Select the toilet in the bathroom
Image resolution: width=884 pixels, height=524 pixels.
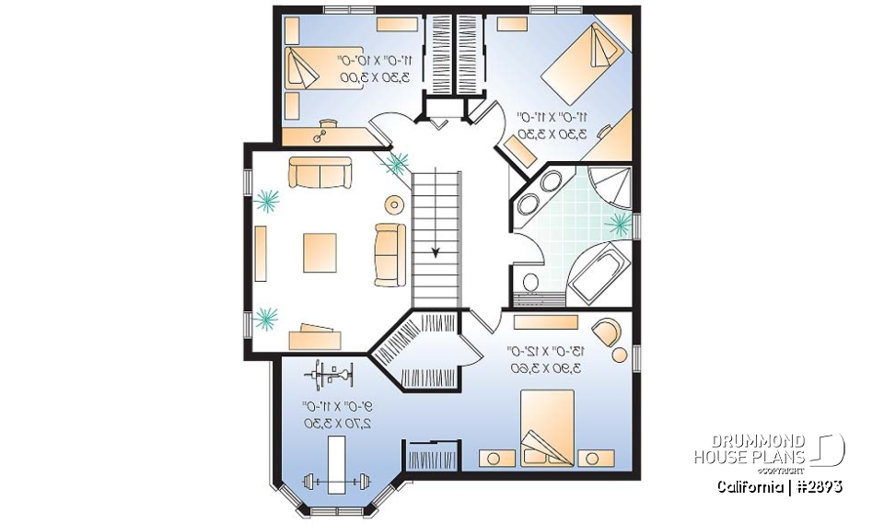pyautogui.click(x=530, y=281)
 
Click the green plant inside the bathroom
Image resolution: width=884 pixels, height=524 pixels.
pyautogui.click(x=620, y=222)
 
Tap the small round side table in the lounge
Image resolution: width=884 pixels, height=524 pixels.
pyautogui.click(x=394, y=204)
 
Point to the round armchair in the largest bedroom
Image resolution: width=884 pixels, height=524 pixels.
pyautogui.click(x=607, y=330)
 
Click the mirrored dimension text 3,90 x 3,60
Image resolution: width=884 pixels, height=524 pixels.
pyautogui.click(x=550, y=367)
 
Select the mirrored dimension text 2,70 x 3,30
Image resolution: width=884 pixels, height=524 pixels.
pyautogui.click(x=337, y=423)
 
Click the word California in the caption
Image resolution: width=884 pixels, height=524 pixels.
pyautogui.click(x=750, y=486)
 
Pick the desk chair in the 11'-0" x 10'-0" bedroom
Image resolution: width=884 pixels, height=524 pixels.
pyautogui.click(x=322, y=135)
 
